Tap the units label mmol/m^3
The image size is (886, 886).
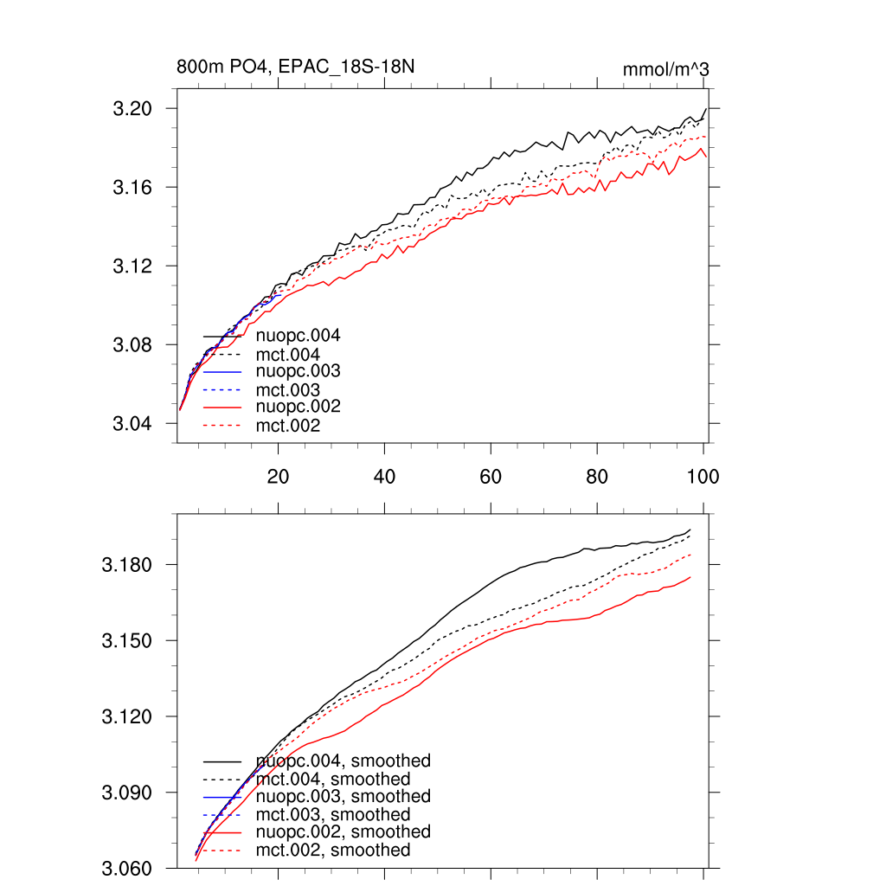point(666,68)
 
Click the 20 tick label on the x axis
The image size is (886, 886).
point(278,477)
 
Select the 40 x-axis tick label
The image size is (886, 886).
point(384,477)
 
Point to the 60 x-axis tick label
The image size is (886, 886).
point(491,477)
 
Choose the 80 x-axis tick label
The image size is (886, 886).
point(597,477)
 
